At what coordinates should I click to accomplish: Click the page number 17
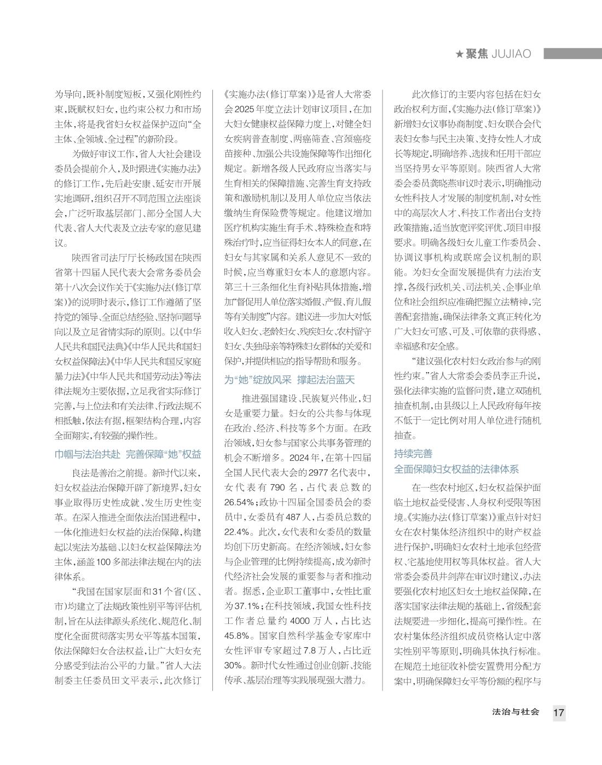558,713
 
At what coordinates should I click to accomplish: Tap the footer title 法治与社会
516,712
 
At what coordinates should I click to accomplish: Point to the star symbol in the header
460,54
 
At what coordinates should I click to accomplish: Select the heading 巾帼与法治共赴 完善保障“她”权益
128,454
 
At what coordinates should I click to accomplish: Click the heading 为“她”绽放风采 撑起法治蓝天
289,380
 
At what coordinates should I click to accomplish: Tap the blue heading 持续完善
413,454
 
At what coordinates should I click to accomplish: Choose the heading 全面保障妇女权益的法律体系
456,470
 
